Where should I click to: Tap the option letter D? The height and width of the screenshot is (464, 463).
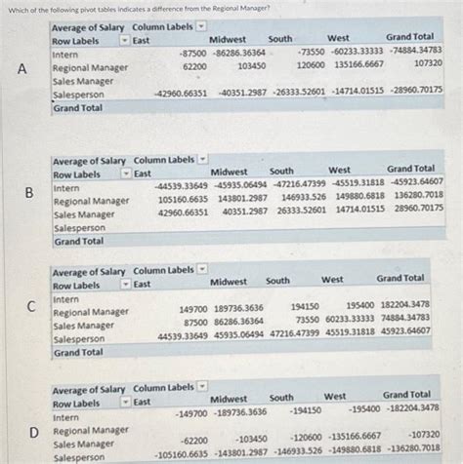coord(33,431)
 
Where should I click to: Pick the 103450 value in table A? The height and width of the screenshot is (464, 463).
coord(251,66)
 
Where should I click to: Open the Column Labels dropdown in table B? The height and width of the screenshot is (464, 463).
coord(201,159)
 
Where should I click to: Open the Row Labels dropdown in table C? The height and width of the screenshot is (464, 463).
coord(124,284)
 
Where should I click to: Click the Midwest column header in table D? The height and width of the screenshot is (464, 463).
coord(229,398)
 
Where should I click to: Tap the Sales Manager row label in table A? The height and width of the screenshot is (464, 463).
coord(82,82)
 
